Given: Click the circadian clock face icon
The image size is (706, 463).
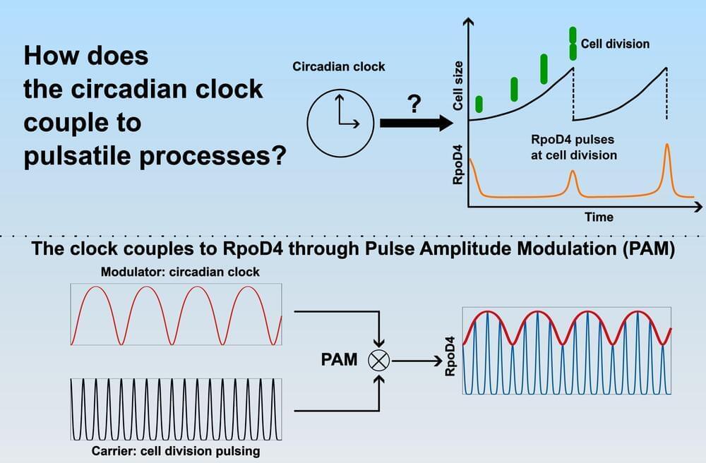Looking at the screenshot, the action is coord(340,123).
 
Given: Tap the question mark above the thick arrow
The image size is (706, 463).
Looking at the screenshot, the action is coord(414,104).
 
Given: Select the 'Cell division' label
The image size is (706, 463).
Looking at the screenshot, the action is coord(615,44).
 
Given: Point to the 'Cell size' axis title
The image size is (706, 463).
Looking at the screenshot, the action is coord(458,85).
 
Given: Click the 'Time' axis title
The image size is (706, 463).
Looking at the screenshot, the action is coord(599,217).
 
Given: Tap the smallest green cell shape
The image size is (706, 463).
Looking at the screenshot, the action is coord(479,104).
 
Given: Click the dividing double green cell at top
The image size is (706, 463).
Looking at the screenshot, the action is coord(573,44).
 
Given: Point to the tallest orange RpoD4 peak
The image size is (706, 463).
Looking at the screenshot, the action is coord(667,145).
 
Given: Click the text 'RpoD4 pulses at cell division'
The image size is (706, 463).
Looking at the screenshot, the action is coord(573,147).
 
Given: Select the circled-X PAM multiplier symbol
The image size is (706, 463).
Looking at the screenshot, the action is coord(379,360).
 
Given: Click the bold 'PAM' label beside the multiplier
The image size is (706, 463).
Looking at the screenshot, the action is coord(339,359).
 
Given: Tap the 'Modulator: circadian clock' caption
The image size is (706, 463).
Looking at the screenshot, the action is coord(180,272).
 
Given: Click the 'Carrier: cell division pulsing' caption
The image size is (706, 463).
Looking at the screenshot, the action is coord(176,451).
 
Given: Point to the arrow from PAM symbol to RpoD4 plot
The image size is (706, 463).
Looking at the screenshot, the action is coord(417,361).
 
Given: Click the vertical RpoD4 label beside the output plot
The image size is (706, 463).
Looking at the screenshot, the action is coord(450,356).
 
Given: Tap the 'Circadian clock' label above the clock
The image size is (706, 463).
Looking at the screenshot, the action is coord(339,66).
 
